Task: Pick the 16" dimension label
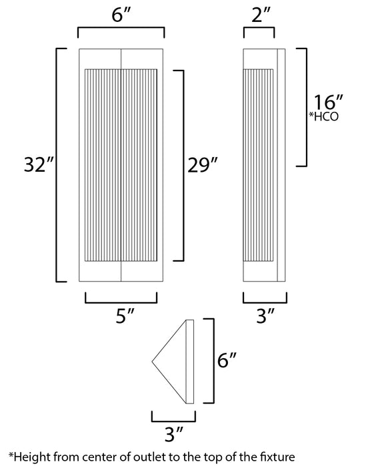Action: point(328,105)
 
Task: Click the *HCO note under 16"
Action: point(325,118)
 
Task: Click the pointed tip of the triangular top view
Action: point(153,362)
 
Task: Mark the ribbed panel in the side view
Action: point(259,164)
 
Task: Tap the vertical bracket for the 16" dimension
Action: point(306,107)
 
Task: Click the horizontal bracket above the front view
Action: point(121,29)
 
